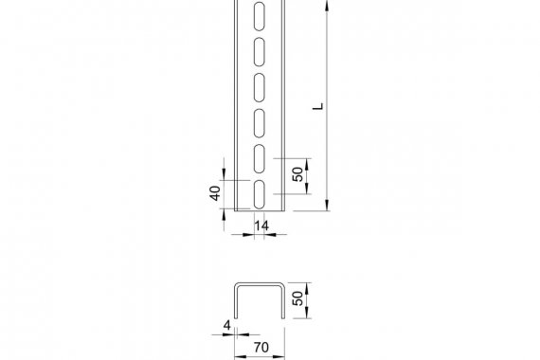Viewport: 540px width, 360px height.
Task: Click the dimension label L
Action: point(318,106)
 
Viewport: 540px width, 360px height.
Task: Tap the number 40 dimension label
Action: point(215,193)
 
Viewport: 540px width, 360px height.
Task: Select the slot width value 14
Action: point(261,225)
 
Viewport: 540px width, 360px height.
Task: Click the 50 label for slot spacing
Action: point(297,174)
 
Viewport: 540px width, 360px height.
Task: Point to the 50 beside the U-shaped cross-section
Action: point(297,298)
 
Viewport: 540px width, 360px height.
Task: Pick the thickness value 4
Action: point(227,325)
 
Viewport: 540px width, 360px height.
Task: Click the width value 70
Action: point(261,348)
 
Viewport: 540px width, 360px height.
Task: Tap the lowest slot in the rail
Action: point(260,194)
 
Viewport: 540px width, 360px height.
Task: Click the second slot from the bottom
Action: point(260,158)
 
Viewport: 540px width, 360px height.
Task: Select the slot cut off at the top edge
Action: point(260,15)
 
